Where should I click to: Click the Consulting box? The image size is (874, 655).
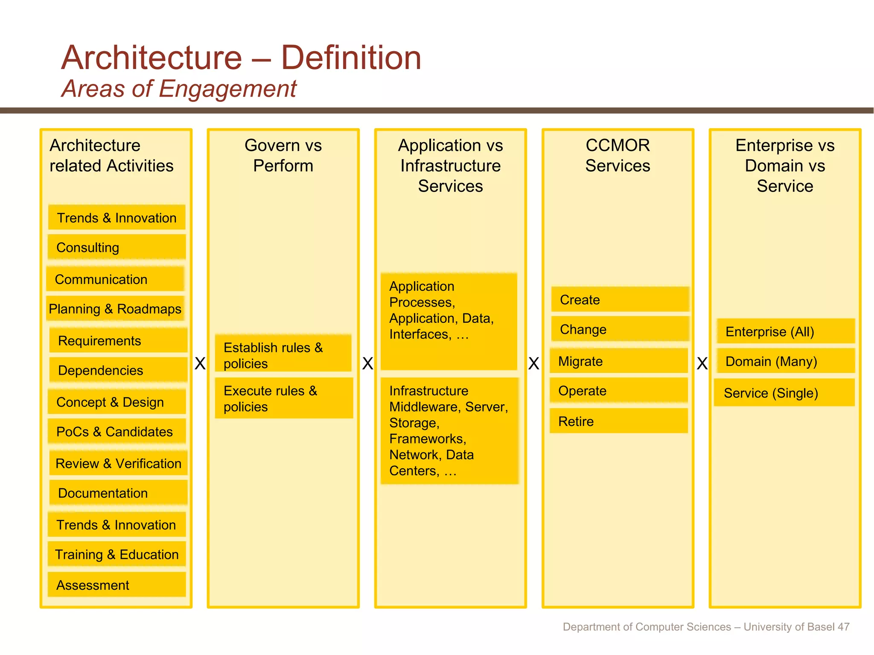[117, 247]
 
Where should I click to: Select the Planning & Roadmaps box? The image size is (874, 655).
[115, 309]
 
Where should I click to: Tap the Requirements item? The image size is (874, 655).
[118, 341]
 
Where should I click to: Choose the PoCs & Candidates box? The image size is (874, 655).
[117, 432]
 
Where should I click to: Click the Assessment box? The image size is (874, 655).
[117, 585]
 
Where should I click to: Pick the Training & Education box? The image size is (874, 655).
[117, 554]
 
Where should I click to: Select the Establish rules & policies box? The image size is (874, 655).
[283, 355]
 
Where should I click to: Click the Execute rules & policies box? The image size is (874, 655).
[283, 398]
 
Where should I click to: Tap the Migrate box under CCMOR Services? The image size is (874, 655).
[618, 361]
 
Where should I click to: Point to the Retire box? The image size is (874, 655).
[618, 421]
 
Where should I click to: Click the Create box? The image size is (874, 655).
[620, 300]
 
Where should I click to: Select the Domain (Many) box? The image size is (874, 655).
[785, 361]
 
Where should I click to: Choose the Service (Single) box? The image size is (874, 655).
[784, 393]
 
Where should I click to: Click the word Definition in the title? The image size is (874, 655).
[351, 58]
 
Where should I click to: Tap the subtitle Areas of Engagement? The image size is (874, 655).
[179, 89]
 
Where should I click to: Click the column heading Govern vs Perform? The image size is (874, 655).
[283, 155]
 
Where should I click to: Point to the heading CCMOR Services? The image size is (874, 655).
[618, 155]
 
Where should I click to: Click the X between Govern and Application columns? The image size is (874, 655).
[367, 364]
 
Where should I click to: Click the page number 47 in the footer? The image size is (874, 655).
[843, 627]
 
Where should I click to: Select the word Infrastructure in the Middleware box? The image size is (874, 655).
[428, 391]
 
